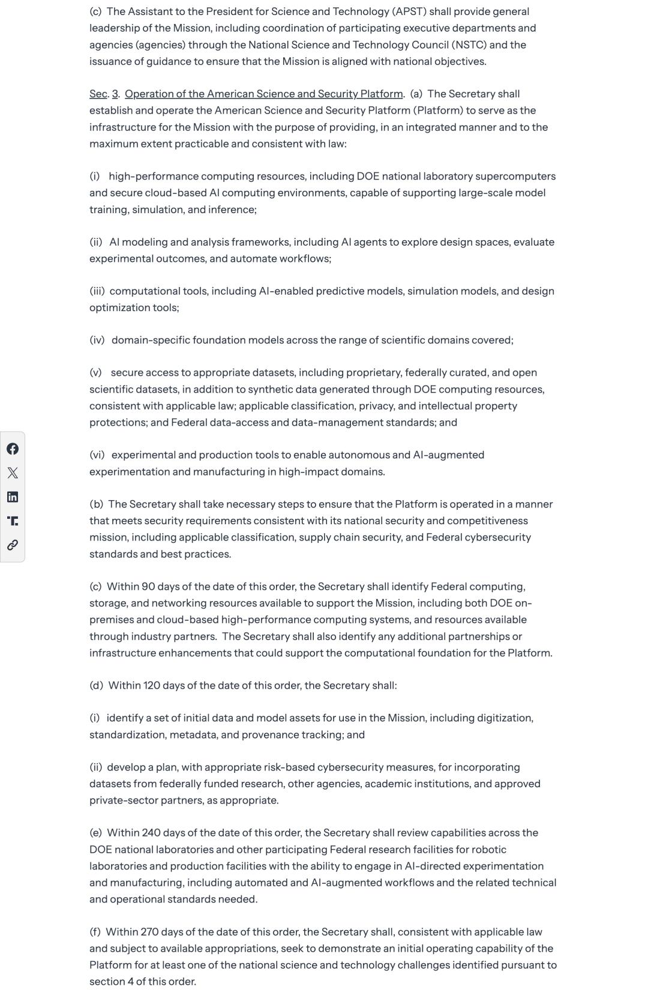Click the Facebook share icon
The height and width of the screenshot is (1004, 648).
tap(12, 449)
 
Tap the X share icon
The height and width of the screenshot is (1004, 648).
tap(12, 473)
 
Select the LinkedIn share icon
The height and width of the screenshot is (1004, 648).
tap(12, 497)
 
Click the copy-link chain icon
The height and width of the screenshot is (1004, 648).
tap(12, 545)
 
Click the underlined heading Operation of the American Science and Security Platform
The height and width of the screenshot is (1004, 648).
tap(263, 94)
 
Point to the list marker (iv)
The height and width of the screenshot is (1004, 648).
tap(97, 340)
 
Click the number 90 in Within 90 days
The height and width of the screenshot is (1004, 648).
tap(148, 586)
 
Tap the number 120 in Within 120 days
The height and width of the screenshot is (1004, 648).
tap(152, 685)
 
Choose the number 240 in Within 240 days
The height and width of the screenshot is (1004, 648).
tap(151, 833)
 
